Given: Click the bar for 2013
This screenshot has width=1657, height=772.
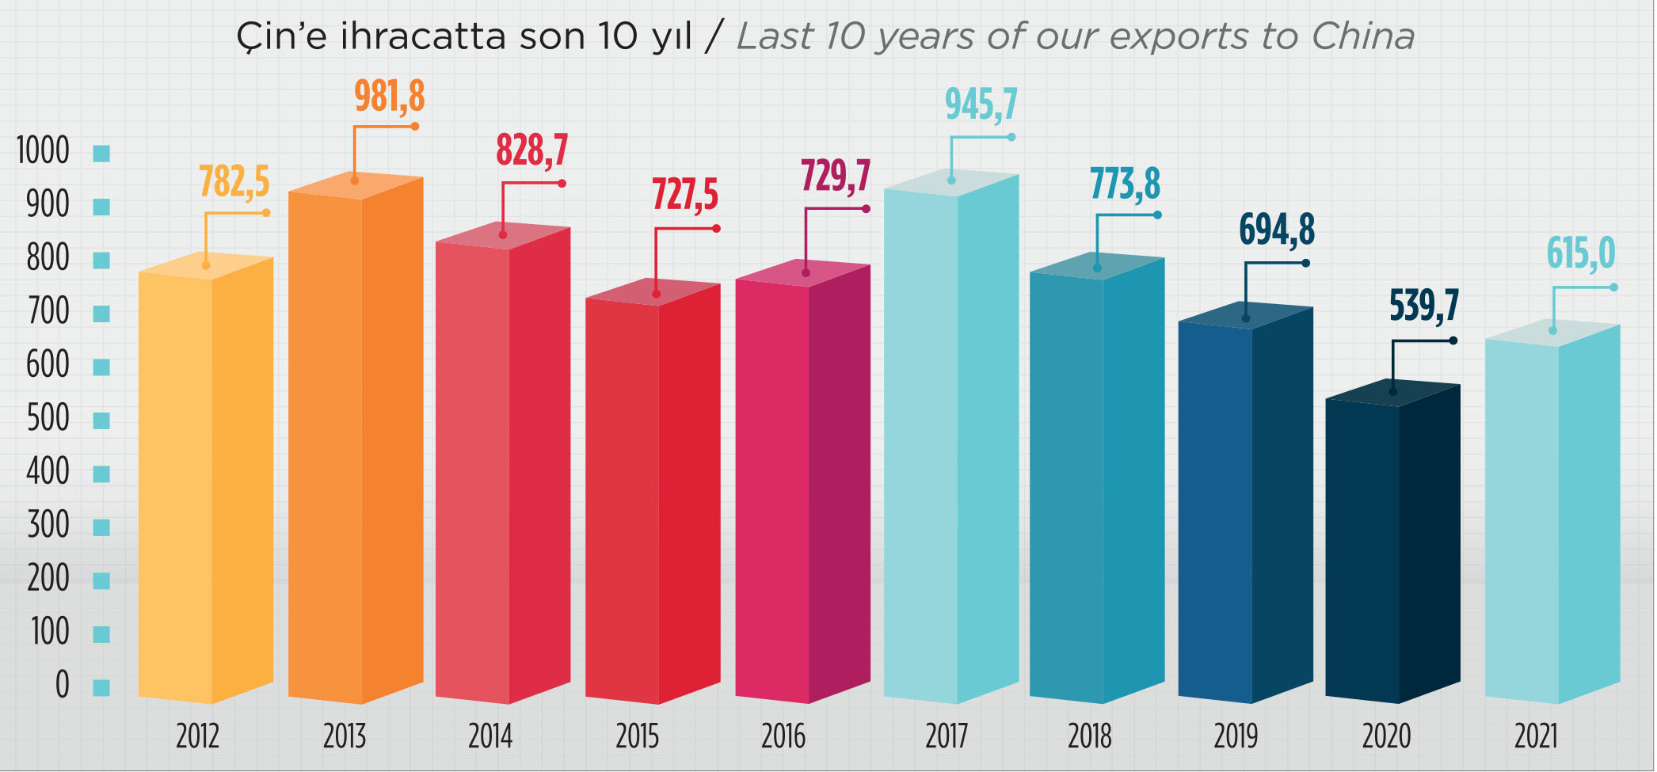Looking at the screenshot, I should pos(356,443).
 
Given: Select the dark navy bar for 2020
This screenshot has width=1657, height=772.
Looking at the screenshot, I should pos(1392,546).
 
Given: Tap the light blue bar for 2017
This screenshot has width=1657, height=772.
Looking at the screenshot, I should pos(950,443).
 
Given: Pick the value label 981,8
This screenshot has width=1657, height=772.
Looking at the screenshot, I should pos(389,97).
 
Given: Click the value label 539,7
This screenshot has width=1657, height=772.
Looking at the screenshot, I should pos(1423,306).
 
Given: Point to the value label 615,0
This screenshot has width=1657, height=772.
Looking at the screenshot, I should pos(1580,254).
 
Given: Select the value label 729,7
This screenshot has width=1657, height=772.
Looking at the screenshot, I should pos(835,176).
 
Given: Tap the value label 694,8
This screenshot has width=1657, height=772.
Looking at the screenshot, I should pos(1276,230).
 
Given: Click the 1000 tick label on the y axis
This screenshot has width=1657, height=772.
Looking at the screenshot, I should pos(44,151).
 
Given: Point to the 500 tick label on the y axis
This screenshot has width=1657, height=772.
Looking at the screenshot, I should pos(48,419).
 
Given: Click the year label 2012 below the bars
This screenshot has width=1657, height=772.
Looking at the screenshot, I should pos(197,736).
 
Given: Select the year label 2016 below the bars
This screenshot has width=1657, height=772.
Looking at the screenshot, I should pos(783,736).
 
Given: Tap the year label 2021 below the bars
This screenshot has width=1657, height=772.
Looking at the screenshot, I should pos(1536,736).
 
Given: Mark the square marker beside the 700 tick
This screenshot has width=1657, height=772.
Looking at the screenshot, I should pos(101,314).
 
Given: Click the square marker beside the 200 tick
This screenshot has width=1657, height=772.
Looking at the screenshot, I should pos(101,581).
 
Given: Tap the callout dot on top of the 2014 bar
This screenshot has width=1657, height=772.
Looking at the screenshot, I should pos(503,235).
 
